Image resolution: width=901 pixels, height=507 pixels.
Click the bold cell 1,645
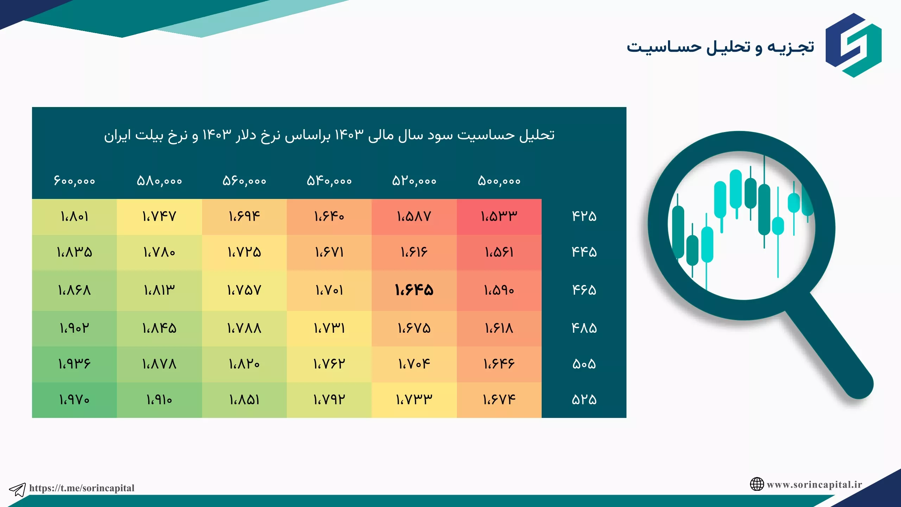pos(414,290)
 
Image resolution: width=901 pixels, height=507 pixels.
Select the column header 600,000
pos(74,181)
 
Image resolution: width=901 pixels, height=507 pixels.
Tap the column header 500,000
pos(499,181)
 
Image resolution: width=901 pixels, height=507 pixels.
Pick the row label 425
pos(584,216)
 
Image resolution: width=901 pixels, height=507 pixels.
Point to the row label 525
pos(584,400)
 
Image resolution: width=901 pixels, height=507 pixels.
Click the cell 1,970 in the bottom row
pos(74,400)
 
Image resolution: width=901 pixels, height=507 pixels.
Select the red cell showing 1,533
pos(499,217)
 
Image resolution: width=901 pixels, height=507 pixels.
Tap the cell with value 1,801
pos(74,217)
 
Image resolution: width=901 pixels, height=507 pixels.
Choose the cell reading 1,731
pos(329,328)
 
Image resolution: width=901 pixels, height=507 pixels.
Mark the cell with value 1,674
pos(499,400)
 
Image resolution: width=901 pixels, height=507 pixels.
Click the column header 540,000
pos(329,181)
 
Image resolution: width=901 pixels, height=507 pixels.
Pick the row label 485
pos(584,328)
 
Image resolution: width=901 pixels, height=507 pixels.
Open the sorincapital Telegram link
pos(82,488)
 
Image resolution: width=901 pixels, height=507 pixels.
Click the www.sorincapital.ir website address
pos(814,484)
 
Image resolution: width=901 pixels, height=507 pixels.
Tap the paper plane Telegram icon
pos(17,489)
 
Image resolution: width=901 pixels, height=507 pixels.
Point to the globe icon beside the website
pos(757,484)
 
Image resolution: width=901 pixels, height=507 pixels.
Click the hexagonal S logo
pos(853,45)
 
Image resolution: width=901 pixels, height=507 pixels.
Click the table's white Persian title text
pos(329,135)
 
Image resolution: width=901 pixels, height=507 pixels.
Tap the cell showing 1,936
pos(74,364)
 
